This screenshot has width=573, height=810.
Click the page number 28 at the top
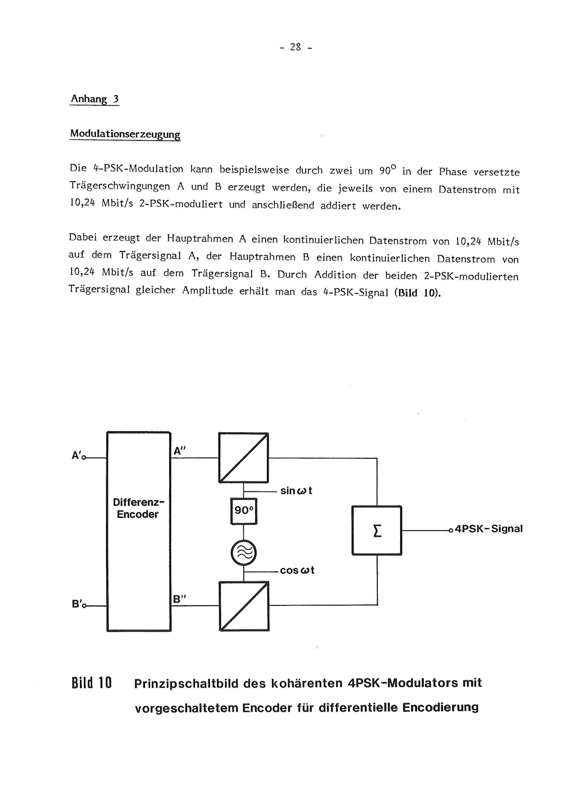coord(296,47)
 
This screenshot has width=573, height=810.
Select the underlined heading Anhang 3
coord(95,99)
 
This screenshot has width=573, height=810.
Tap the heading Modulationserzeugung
coord(125,134)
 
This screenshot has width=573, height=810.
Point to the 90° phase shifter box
coord(244,511)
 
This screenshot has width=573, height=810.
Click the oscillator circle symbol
coord(244,553)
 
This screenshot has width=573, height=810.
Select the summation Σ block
coord(377,530)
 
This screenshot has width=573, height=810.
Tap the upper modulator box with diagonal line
coord(244,458)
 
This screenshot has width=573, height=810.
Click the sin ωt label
coord(296,491)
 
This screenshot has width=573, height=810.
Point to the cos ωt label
coord(297,571)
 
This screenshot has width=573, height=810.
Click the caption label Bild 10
coord(91,683)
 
